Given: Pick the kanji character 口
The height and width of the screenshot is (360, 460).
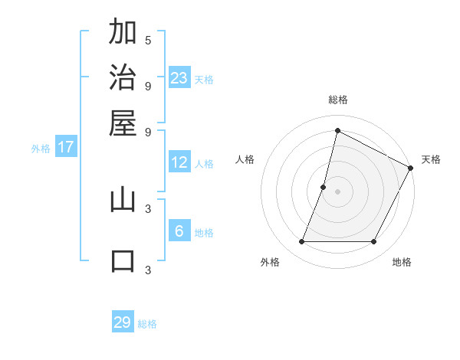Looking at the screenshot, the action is [x=123, y=260].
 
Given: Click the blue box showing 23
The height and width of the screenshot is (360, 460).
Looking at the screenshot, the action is [x=179, y=77].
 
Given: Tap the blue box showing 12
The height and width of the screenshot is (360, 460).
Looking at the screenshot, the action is [x=179, y=162].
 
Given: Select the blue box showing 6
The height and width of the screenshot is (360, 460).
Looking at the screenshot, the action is [x=179, y=231].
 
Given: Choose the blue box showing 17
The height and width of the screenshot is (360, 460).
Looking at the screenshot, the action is [x=66, y=147].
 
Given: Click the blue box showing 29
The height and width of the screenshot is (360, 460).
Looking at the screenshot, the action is [x=123, y=322].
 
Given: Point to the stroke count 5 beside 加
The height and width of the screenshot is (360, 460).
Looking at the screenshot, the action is [x=148, y=40].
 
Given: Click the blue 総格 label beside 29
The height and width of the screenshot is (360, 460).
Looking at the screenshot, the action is [x=147, y=324].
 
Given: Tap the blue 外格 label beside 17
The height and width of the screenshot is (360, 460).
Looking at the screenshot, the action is [x=41, y=149].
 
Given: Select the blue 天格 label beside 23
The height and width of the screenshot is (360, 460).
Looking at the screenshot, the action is [x=204, y=80].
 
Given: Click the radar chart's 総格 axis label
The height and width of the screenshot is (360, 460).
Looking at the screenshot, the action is [x=337, y=100].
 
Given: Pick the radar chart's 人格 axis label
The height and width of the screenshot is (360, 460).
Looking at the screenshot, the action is [x=245, y=159].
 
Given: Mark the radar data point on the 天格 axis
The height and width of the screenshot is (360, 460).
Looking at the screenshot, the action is [x=411, y=169].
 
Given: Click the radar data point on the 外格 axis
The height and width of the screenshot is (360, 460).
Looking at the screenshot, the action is [x=301, y=242].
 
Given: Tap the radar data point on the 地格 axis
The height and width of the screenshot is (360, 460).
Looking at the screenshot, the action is [x=374, y=242].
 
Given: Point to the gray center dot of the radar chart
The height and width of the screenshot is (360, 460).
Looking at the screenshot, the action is [x=337, y=191].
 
